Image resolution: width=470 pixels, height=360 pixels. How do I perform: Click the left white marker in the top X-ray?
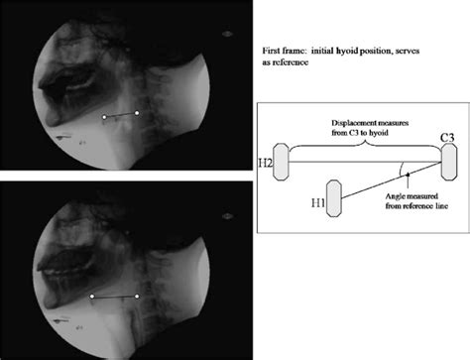pyautogui.click(x=104, y=117)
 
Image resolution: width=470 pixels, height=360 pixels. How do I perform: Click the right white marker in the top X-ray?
pyautogui.click(x=137, y=113)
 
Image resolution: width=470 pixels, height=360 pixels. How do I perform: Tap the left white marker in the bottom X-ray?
pyautogui.click(x=92, y=297)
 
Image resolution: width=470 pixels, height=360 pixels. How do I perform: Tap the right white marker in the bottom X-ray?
pyautogui.click(x=137, y=297)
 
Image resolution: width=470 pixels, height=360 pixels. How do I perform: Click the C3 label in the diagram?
pyautogui.click(x=447, y=137)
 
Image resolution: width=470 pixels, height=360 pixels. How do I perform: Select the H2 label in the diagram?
pyautogui.click(x=266, y=163)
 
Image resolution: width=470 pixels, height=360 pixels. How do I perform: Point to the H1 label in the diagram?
pyautogui.click(x=318, y=202)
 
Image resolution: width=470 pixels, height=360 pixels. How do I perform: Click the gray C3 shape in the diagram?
pyautogui.click(x=449, y=162)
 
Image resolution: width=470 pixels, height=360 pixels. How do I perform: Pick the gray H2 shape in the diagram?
pyautogui.click(x=281, y=162)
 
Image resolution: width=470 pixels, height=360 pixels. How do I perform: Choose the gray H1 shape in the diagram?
pyautogui.click(x=334, y=198)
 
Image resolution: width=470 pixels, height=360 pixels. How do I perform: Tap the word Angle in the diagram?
pyautogui.click(x=395, y=196)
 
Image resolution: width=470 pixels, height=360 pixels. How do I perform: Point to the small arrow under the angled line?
pyautogui.click(x=409, y=181)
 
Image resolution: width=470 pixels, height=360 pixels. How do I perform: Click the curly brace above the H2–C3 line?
pyautogui.click(x=365, y=146)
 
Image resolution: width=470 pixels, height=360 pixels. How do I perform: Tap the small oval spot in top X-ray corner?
pyautogui.click(x=227, y=34)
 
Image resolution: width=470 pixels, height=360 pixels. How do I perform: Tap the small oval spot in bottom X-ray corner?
pyautogui.click(x=227, y=216)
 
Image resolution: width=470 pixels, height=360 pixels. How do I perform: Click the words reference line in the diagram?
pyautogui.click(x=416, y=206)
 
